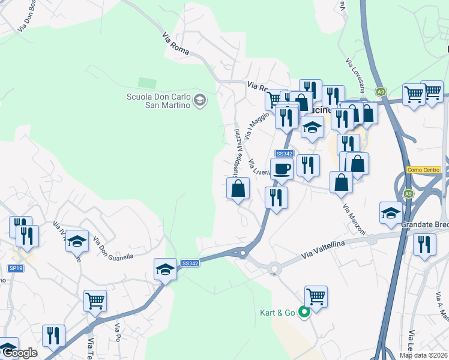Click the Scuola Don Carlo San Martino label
tap(158, 101)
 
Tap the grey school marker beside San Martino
tap(200, 101)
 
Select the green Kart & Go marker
tap(304, 311)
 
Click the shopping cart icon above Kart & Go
tap(316, 296)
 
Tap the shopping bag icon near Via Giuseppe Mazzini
tap(238, 188)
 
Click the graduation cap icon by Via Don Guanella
tap(77, 241)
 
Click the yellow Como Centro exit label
tap(424, 170)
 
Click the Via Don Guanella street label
tap(112, 249)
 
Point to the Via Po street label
tap(118, 334)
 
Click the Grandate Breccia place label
tap(426, 224)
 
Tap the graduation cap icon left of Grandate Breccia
tap(391, 212)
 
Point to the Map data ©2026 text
tap(423, 355)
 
